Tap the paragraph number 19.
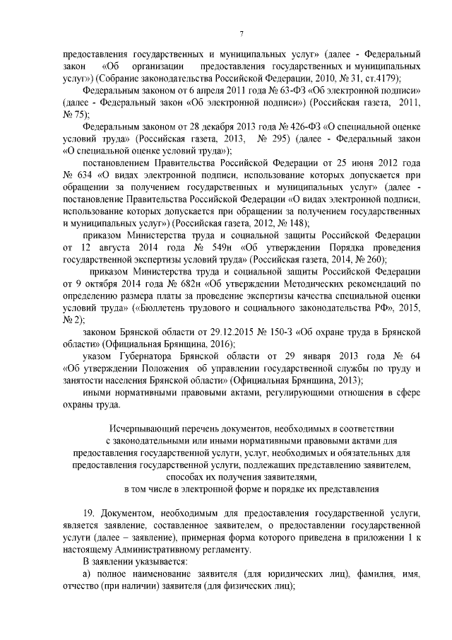[x=89, y=512]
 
